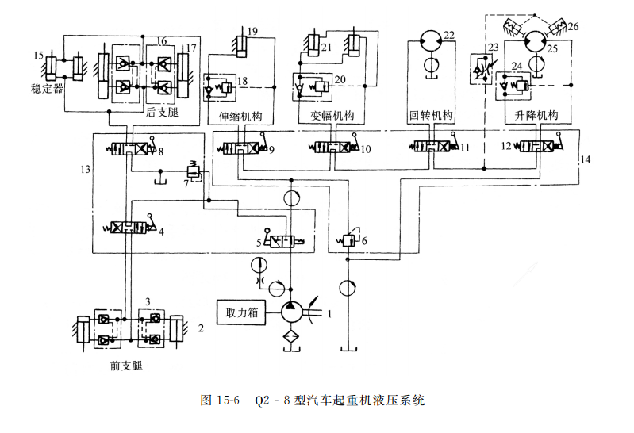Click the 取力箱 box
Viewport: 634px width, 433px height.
coord(242,312)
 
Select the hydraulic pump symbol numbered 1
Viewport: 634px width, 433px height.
coord(291,312)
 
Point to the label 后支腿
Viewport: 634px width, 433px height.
coord(162,113)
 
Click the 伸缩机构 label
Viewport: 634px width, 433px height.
coord(240,117)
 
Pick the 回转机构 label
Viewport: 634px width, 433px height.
coord(430,117)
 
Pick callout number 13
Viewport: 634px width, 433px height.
coord(86,169)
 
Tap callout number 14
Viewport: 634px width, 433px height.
coord(586,160)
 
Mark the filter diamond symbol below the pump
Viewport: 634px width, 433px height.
coord(291,339)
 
